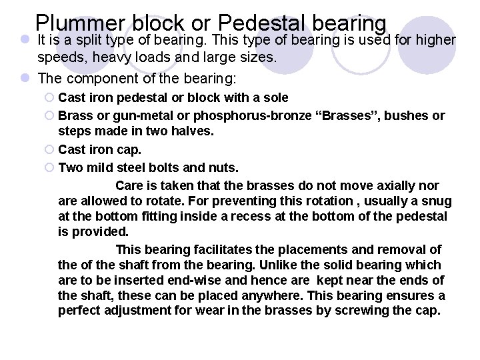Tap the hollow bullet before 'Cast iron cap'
[50, 150]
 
